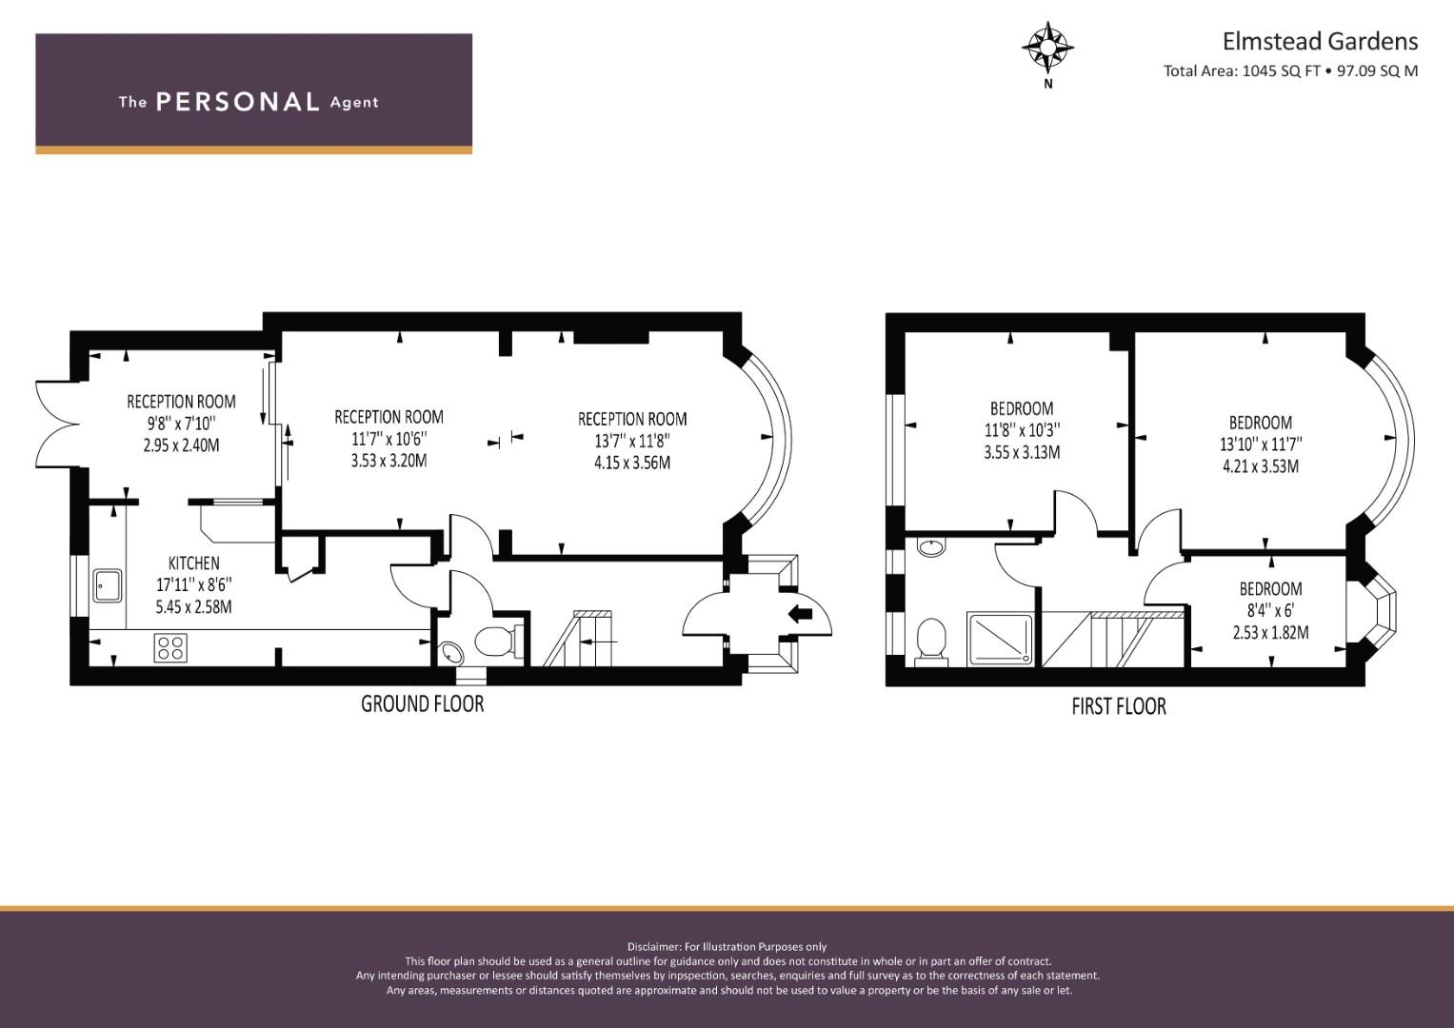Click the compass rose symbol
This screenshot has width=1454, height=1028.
pos(1047,48)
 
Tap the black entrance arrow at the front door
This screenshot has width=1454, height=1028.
pos(800,613)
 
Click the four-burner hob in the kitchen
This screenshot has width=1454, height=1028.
pos(170,647)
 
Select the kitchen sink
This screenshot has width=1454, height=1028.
pos(107,585)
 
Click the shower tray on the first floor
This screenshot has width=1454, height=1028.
pos(1000,640)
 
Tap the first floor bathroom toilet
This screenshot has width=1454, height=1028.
pos(931,642)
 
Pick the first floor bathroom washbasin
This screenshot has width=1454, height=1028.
pos(932,547)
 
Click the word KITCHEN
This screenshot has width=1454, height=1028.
pos(194,563)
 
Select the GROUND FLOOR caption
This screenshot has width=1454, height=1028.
pos(423,704)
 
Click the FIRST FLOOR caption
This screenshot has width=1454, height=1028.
pos(1119,706)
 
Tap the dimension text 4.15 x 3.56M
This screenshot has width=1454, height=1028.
pos(632,463)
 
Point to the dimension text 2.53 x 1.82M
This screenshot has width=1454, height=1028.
pos(1271,632)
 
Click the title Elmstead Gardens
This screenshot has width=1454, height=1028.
pos(1321,42)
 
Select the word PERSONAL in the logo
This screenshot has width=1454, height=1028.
pos(238,102)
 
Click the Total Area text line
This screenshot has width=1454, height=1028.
pos(1290,70)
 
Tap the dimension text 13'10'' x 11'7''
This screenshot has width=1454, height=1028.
pos(1261,445)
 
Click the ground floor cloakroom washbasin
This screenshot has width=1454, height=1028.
pos(451,654)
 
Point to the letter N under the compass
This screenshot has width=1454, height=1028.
pos(1047,84)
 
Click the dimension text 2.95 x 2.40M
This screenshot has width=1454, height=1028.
pos(181,445)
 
